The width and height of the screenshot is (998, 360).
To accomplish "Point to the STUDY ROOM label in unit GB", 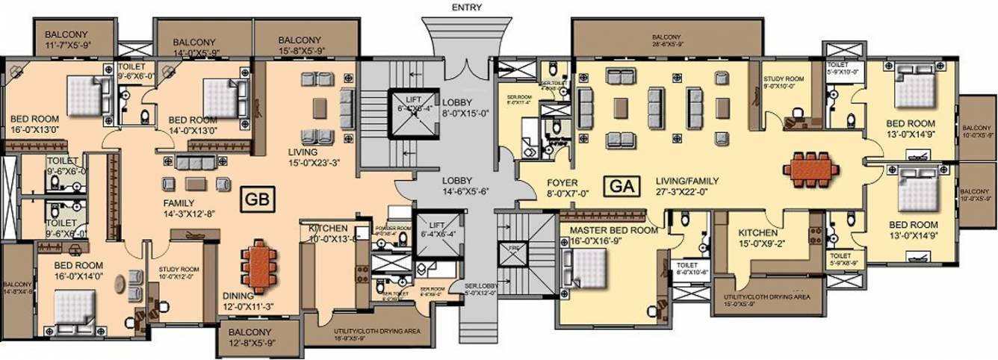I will tap(177, 273).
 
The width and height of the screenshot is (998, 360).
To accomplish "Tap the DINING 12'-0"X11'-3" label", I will tap(248, 301).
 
